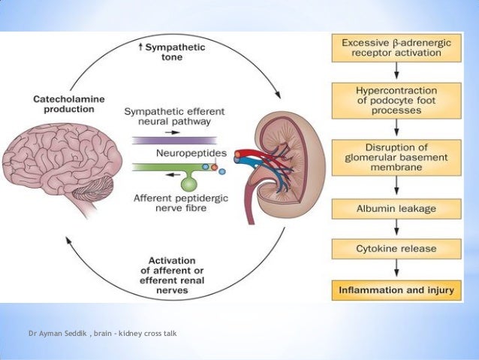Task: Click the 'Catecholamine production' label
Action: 65,103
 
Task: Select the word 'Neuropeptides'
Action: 184,153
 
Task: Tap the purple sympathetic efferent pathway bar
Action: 174,140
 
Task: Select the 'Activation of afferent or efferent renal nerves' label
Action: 173,272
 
